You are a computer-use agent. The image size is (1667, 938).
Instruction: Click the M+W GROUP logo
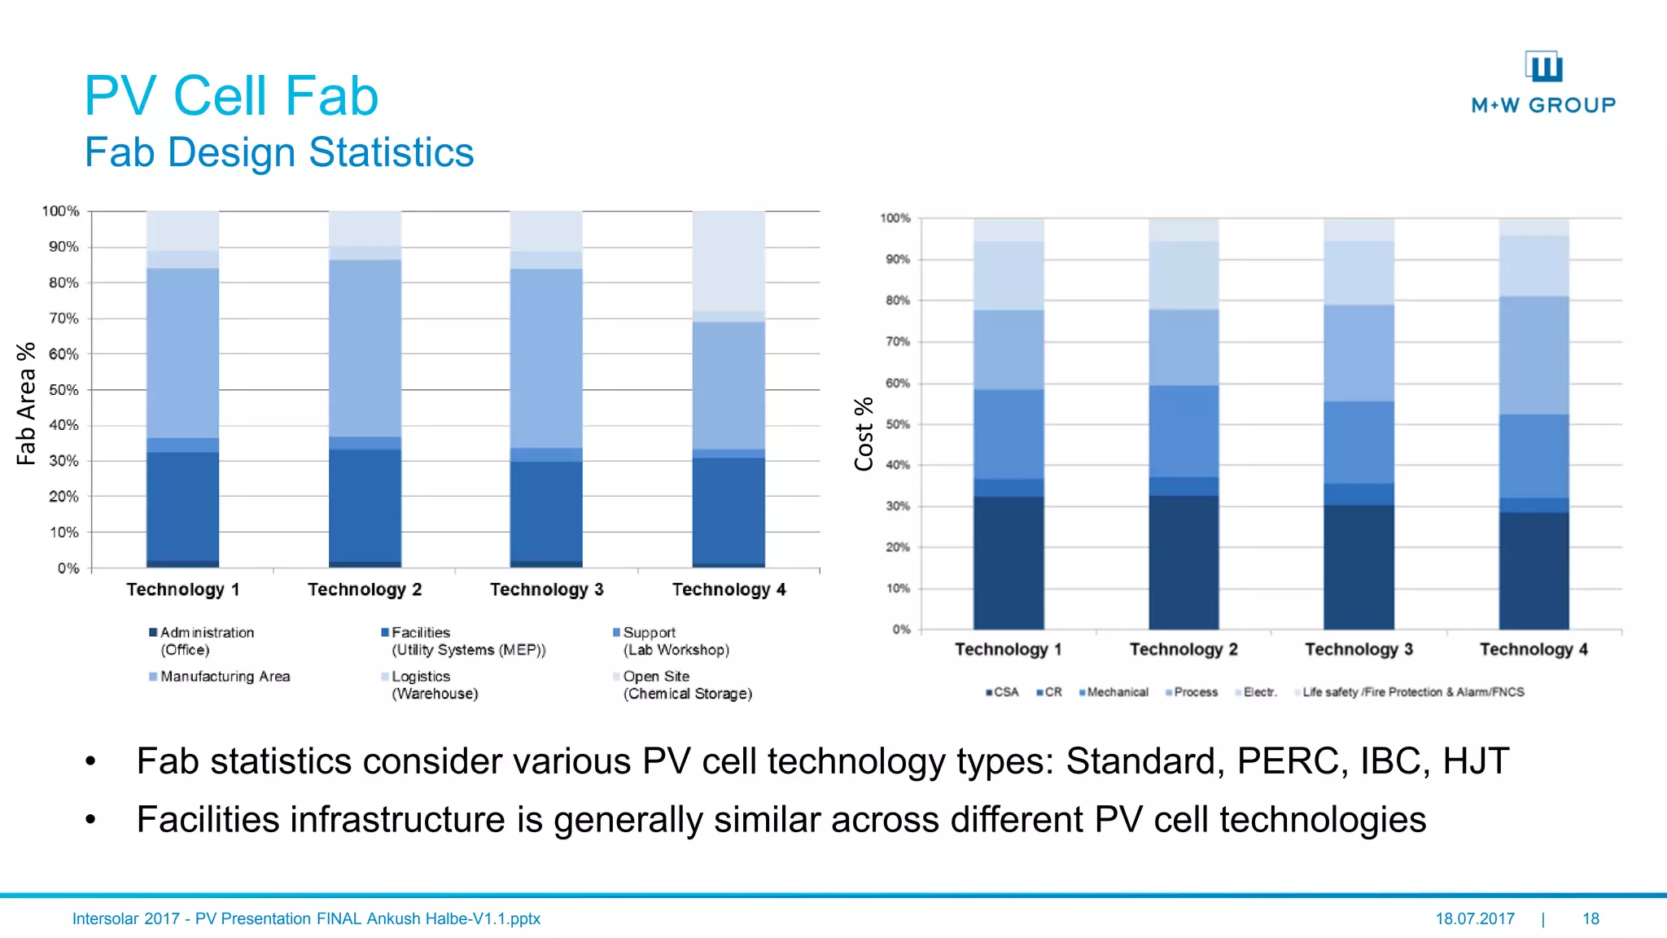coord(1543,82)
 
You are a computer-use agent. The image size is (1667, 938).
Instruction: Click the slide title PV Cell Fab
coord(231,96)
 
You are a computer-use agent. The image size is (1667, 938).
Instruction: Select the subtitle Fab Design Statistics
coord(279,152)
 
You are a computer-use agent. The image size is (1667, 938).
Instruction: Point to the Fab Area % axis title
coord(26,403)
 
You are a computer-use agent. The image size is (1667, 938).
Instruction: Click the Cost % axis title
coord(864,434)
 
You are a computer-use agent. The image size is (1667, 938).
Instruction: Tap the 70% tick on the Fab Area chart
coord(63,318)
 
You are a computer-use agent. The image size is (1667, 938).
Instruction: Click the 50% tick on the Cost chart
coord(897,424)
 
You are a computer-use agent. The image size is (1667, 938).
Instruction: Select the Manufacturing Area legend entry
coord(225,677)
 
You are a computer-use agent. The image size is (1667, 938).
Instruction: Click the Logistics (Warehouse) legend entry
coord(433,685)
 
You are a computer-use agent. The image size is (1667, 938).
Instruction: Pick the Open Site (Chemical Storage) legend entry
coord(686,685)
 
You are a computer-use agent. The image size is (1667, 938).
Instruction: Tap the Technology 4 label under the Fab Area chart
coord(728,590)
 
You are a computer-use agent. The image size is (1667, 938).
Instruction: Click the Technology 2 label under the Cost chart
coord(1184,650)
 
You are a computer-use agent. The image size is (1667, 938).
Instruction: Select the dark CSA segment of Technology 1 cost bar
coord(1009,562)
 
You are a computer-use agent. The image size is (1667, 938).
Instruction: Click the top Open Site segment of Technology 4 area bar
coord(728,261)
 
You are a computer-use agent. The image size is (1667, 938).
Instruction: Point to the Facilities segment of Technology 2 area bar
coord(365,505)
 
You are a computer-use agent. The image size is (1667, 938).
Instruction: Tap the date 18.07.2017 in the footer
coord(1475,918)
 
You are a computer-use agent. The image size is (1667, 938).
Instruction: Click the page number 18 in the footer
coord(1590,918)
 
